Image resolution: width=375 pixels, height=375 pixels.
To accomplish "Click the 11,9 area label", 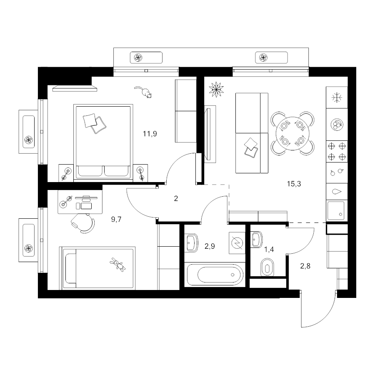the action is (150, 134).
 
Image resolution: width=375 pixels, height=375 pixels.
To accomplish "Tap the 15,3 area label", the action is (294, 184).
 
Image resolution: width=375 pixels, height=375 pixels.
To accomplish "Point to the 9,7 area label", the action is (116, 219).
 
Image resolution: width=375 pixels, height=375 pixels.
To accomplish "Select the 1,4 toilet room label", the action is (269, 250).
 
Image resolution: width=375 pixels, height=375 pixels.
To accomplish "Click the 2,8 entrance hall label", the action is (305, 266).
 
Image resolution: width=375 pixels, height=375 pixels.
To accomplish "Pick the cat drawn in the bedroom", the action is (143, 92).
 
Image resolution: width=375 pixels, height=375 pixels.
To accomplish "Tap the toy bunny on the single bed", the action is (117, 265).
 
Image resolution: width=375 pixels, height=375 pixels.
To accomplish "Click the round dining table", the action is (292, 133).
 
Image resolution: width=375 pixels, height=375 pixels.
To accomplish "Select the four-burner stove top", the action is (337, 151).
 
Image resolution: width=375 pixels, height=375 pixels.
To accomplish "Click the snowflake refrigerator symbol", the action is (337, 98).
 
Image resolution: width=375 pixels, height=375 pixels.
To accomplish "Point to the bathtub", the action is (215, 275).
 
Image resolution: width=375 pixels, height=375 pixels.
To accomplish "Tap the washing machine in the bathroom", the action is (237, 243).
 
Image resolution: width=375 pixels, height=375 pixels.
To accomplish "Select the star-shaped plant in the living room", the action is (216, 90).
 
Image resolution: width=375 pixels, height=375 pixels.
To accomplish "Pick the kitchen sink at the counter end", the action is (336, 210).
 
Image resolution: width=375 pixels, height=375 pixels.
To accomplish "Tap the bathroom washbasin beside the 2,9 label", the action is (192, 243).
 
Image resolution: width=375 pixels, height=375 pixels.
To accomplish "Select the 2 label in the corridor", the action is (176, 198).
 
